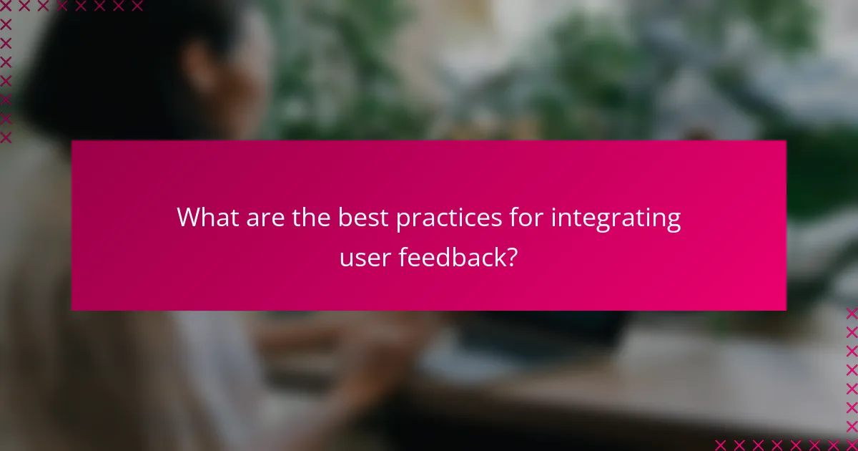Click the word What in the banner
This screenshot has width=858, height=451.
(x=206, y=217)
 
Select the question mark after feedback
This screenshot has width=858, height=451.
(x=511, y=256)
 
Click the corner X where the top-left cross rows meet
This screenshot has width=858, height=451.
(x=6, y=6)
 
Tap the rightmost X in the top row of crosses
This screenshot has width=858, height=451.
(x=137, y=6)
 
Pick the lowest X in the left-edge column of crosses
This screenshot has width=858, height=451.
(x=6, y=137)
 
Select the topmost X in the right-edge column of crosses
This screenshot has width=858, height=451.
(x=851, y=314)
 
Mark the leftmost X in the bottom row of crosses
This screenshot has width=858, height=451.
(x=721, y=444)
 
